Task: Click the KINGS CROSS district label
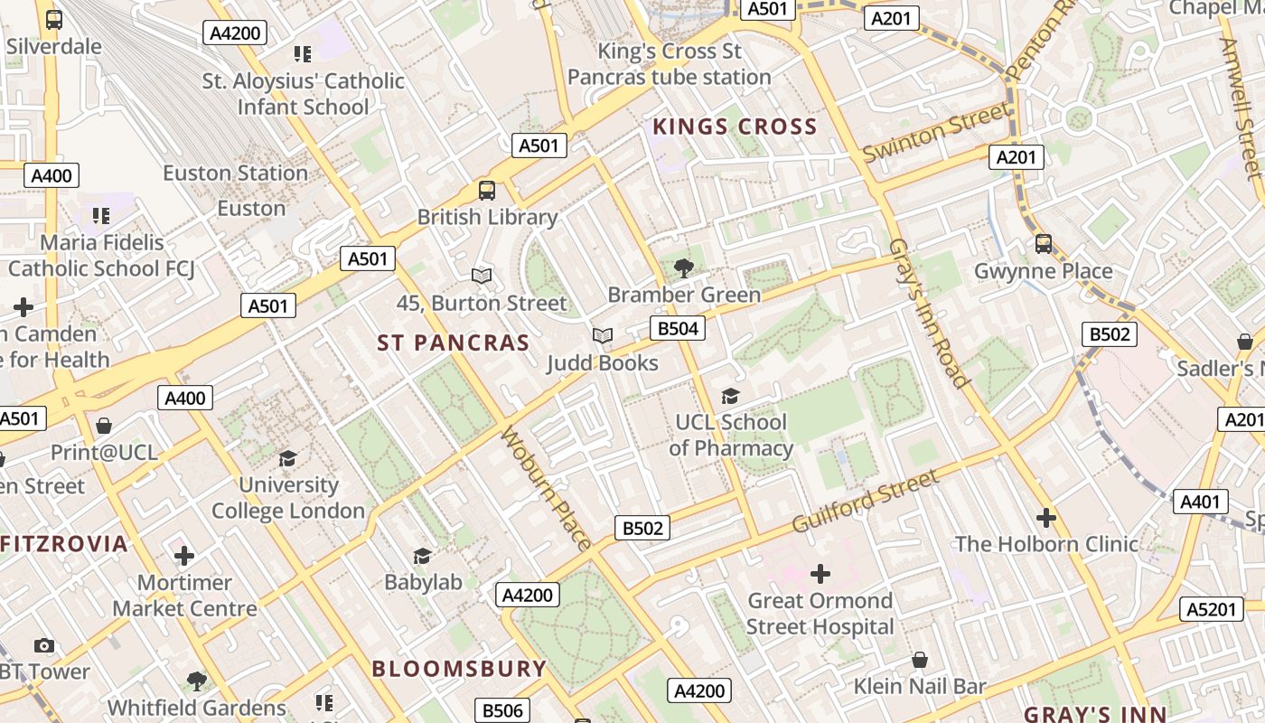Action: pos(735,127)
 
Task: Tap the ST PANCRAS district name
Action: pos(453,343)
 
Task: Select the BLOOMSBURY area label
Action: pos(459,669)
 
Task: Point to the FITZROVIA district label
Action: pos(64,544)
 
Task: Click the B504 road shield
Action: pos(678,328)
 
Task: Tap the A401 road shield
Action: pos(1201,502)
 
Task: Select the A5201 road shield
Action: pos(1211,609)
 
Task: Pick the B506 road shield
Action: pos(502,710)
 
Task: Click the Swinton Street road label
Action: pos(936,133)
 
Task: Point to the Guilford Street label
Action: pos(865,502)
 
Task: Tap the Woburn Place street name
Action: pos(546,488)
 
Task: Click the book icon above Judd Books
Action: pos(603,336)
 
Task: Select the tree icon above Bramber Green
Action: pos(684,267)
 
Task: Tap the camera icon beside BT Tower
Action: pos(43,645)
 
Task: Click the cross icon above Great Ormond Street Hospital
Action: pos(820,574)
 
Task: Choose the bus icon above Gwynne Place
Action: pos(1044,243)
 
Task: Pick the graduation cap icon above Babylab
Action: pos(422,555)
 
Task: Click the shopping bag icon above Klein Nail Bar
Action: pos(920,660)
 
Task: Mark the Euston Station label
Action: pos(235,173)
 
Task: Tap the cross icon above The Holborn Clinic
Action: pos(1046,518)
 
